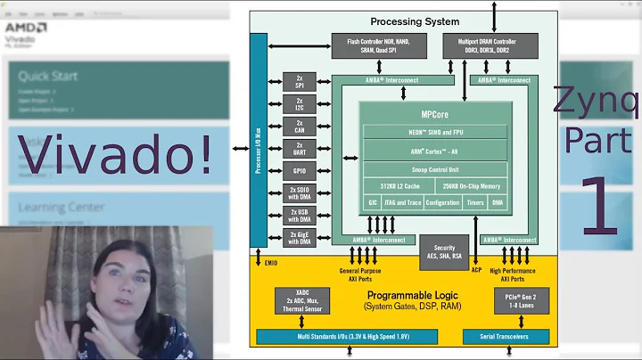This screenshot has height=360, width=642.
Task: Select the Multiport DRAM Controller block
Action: pos(490,45)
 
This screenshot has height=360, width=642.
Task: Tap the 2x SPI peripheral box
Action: pos(300,81)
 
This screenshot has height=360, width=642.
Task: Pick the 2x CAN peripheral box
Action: pos(300,126)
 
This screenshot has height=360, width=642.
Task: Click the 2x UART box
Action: pos(300,148)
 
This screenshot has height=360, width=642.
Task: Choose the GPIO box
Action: pos(300,170)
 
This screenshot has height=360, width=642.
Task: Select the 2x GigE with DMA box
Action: pos(300,237)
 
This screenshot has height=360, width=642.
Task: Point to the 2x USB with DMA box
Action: pos(300,215)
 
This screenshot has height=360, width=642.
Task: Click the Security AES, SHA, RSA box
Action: pos(445,253)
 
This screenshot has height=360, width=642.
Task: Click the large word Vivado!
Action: pos(116,153)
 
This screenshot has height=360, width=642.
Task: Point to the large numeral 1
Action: pos(600,207)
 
